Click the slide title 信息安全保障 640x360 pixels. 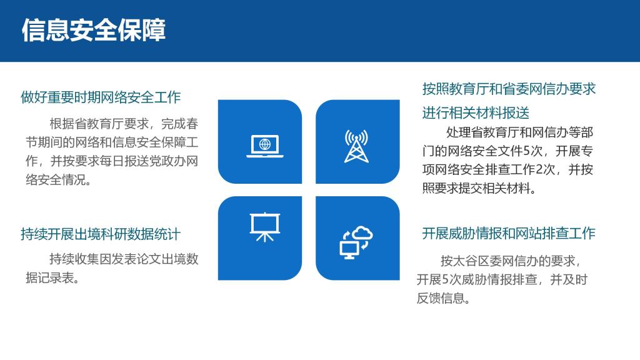pyautogui.click(x=94, y=30)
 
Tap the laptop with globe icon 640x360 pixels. pyautogui.click(x=265, y=146)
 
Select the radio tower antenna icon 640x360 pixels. pyautogui.click(x=356, y=146)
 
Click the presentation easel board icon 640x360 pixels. pyautogui.click(x=265, y=227)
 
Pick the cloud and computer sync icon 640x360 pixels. pyautogui.click(x=356, y=242)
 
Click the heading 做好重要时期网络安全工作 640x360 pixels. pyautogui.click(x=101, y=97)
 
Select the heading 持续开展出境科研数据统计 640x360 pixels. pyautogui.click(x=101, y=234)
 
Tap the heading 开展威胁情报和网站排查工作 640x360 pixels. pyautogui.click(x=509, y=234)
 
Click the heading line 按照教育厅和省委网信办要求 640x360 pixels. pyautogui.click(x=509, y=89)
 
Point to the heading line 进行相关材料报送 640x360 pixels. pyautogui.click(x=476, y=112)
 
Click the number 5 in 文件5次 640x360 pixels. pyautogui.click(x=526, y=151)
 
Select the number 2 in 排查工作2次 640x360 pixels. pyautogui.click(x=539, y=169)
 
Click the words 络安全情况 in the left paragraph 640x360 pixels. pyautogui.click(x=56, y=179)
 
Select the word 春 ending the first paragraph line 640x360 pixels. pyautogui.click(x=192, y=124)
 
